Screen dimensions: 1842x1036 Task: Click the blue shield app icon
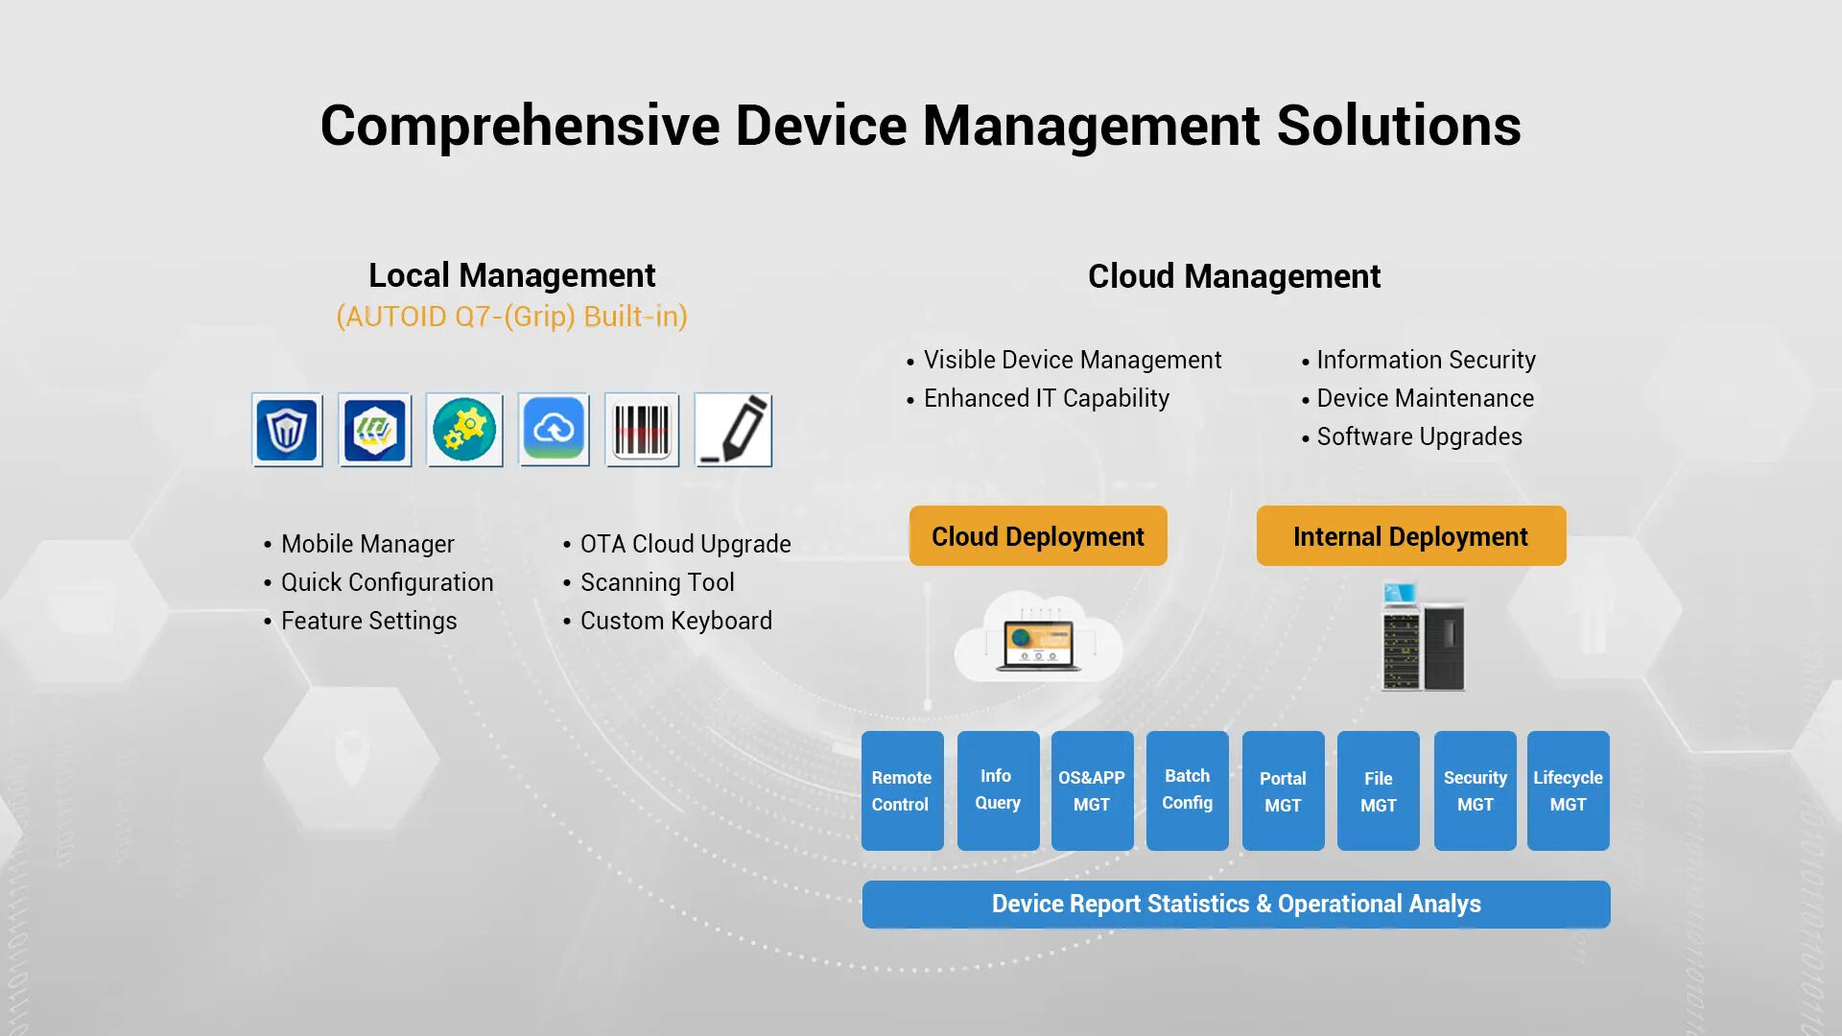pyautogui.click(x=287, y=430)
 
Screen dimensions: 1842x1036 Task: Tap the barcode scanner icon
pyautogui.click(x=642, y=430)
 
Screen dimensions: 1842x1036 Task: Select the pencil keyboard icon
pyautogui.click(x=733, y=430)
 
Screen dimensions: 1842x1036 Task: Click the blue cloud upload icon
pyautogui.click(x=554, y=430)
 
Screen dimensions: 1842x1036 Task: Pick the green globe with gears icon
pyautogui.click(x=464, y=430)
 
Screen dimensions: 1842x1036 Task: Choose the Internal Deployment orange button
pyautogui.click(x=1411, y=536)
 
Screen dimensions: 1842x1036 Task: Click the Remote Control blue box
pyautogui.click(x=902, y=790)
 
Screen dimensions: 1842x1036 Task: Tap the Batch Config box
pyautogui.click(x=1188, y=790)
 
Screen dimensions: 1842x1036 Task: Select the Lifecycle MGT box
pyautogui.click(x=1569, y=790)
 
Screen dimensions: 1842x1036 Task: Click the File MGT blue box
pyautogui.click(x=1379, y=790)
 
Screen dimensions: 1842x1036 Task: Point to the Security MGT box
pyautogui.click(x=1476, y=790)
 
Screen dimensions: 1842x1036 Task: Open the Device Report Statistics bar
pyautogui.click(x=1236, y=905)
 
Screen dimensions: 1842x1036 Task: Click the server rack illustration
pyautogui.click(x=1423, y=636)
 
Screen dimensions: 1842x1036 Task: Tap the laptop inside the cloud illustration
pyautogui.click(x=1038, y=646)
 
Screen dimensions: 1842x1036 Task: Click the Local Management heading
pyautogui.click(x=512, y=276)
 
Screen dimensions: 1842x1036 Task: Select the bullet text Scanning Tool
pyautogui.click(x=657, y=582)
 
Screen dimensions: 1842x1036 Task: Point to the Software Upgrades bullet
pyautogui.click(x=1419, y=437)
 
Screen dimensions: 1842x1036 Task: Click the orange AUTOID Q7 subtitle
pyautogui.click(x=512, y=317)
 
